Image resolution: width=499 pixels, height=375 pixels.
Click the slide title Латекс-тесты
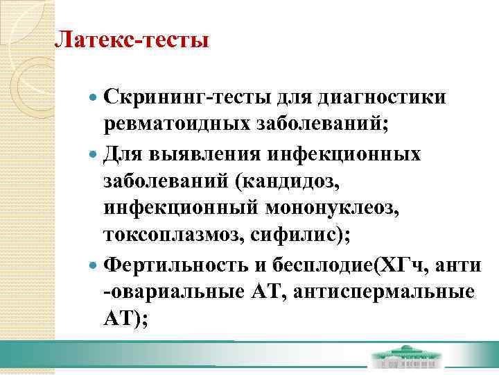[132, 39]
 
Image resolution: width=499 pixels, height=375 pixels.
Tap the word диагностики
[380, 98]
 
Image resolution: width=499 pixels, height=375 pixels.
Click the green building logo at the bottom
[405, 358]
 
